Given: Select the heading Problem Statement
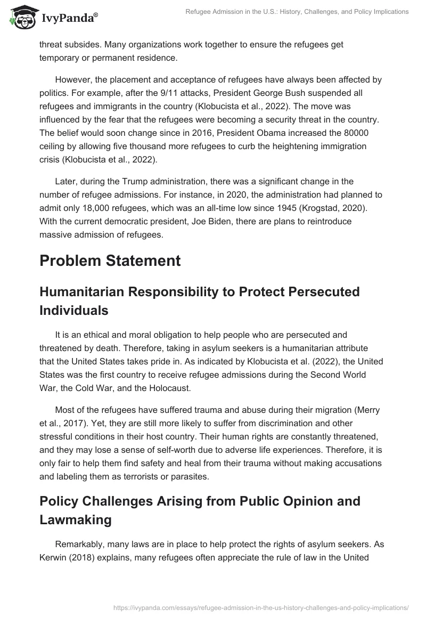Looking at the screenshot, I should [110, 261].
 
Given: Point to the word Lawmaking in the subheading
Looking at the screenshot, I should [76, 520].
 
